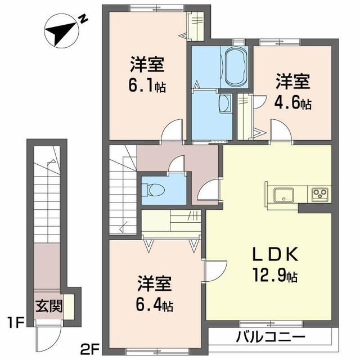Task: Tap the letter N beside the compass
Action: [x=83, y=20]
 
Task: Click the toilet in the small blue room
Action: [x=154, y=190]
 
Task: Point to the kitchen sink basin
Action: [x=282, y=195]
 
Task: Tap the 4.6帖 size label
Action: [x=293, y=103]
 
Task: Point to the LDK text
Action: [x=278, y=254]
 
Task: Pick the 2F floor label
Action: [x=88, y=349]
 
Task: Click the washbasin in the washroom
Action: [x=224, y=103]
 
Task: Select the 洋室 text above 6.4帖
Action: [x=154, y=283]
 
